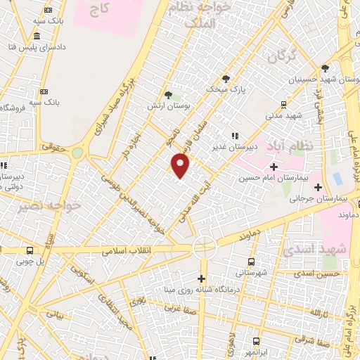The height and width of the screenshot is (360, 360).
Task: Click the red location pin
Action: point(181,166)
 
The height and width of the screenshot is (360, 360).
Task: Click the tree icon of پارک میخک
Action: point(225,78)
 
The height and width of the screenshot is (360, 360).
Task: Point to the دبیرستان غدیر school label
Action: point(236,147)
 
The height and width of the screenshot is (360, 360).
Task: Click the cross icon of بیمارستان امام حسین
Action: point(274,167)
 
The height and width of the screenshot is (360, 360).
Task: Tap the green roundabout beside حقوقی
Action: point(77,153)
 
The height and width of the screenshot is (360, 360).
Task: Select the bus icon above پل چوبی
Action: point(30,250)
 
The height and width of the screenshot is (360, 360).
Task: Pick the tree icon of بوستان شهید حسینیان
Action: point(325,69)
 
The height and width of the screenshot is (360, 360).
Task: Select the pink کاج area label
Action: point(101,9)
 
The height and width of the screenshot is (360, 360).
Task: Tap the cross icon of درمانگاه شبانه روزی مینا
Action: point(202,278)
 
